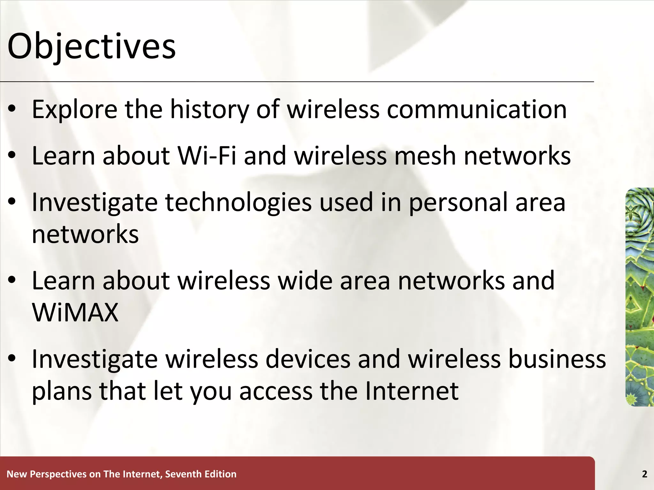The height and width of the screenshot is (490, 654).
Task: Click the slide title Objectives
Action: pos(91,47)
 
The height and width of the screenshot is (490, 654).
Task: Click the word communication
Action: pos(477,109)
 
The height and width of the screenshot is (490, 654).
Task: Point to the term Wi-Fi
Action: pos(207,156)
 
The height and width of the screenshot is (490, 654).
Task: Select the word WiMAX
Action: pos(75,312)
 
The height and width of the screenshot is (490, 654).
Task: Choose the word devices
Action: pos(308,359)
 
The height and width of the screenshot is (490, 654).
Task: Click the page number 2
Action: pos(644,474)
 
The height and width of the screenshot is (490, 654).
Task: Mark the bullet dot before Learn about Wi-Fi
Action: pos(12,156)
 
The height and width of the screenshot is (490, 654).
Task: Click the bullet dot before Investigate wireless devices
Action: pos(12,359)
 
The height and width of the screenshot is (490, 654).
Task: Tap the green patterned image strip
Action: pos(640,297)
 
